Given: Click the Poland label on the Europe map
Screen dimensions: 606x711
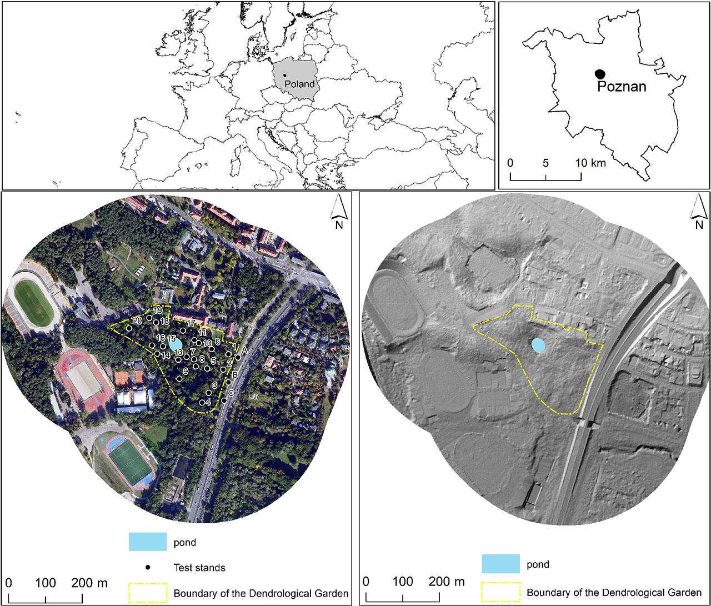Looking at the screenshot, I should click(299, 84).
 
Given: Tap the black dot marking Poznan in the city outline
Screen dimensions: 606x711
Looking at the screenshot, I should click(599, 74).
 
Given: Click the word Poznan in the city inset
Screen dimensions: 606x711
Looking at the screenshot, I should click(622, 87).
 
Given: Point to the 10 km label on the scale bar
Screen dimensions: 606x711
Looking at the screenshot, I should click(590, 163).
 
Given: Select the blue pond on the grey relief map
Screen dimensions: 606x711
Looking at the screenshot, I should click(538, 345).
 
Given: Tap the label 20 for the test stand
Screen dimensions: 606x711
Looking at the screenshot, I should click(138, 321).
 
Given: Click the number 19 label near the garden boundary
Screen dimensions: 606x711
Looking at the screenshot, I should click(158, 310).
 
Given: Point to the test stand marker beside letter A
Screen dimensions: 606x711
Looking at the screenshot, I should click(238, 358).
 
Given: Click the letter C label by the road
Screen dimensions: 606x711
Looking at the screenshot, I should click(231, 393).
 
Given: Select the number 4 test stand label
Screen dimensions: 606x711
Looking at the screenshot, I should click(208, 402).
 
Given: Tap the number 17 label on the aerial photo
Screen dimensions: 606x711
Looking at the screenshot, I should click(191, 323).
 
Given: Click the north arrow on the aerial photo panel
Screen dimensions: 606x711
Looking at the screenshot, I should click(338, 213).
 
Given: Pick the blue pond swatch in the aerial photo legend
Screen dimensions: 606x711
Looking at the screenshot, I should click(148, 542).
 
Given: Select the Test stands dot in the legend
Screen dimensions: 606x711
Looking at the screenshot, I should click(148, 568).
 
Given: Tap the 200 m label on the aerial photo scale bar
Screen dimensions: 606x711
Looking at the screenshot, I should click(90, 583).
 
